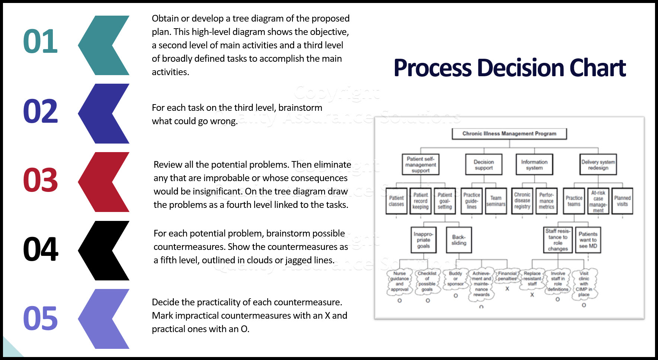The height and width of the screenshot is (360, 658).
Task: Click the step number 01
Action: point(40,41)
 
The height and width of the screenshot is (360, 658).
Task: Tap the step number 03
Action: point(40,180)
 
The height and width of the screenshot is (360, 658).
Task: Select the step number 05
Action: point(40,318)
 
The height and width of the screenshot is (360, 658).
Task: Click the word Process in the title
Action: point(432,68)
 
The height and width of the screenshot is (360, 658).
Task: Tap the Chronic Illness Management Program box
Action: point(509,134)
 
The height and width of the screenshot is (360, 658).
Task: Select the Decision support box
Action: point(483,165)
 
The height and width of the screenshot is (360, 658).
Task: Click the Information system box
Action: point(534,165)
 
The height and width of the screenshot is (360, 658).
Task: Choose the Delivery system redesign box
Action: point(598,165)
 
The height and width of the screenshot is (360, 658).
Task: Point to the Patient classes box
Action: point(396,201)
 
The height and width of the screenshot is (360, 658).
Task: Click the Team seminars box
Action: point(496,201)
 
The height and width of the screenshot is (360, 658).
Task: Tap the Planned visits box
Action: point(622,201)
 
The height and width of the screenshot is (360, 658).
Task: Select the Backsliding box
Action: point(459,240)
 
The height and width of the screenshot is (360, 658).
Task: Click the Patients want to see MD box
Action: point(588,240)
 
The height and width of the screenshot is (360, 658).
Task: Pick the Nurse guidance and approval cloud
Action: point(399,282)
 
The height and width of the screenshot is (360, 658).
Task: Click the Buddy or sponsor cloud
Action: point(455,279)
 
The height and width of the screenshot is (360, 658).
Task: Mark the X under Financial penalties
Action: point(507,289)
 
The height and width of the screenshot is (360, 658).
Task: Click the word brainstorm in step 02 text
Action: point(300,108)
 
